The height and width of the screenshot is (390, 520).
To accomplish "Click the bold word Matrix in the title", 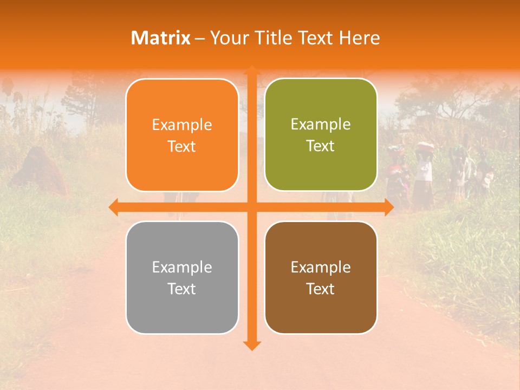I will point(161,38).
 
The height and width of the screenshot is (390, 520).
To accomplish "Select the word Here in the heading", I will point(359,38).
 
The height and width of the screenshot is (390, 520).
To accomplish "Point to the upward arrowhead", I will point(251,70).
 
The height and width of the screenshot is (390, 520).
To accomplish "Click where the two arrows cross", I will point(251,206).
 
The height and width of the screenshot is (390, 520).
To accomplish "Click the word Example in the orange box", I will point(182,125).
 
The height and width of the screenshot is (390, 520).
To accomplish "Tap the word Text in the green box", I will point(321,146).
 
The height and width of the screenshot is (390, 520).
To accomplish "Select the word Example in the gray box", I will point(182,267).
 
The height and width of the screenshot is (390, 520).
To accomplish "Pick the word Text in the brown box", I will point(321,289).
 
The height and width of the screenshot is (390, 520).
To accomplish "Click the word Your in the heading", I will point(227,38).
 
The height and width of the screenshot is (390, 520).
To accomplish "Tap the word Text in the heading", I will point(315,38).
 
